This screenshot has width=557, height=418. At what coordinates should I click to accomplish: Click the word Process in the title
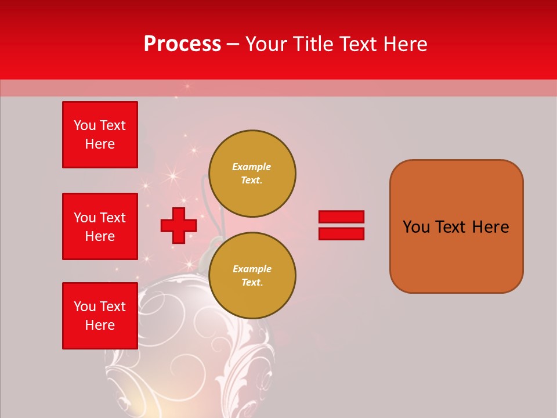pos(182,44)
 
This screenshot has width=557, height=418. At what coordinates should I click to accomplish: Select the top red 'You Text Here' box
pos(100,135)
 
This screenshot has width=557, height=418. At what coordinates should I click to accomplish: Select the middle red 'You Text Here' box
pos(100,226)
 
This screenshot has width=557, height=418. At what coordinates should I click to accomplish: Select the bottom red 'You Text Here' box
pos(100,315)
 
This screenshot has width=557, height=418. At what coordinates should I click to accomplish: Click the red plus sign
pos(179,225)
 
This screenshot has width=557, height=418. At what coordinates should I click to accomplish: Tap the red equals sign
pos(341,225)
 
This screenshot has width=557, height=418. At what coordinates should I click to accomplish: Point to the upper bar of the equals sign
pos(341,217)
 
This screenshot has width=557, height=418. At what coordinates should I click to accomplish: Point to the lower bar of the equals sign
pos(341,233)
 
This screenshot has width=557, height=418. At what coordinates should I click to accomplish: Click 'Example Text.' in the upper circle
pos(252,173)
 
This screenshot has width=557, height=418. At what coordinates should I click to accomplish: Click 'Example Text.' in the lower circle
pos(252,275)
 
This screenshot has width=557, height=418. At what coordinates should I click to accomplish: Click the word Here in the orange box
pos(490,227)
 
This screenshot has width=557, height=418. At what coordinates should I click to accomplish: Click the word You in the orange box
pos(416,227)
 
